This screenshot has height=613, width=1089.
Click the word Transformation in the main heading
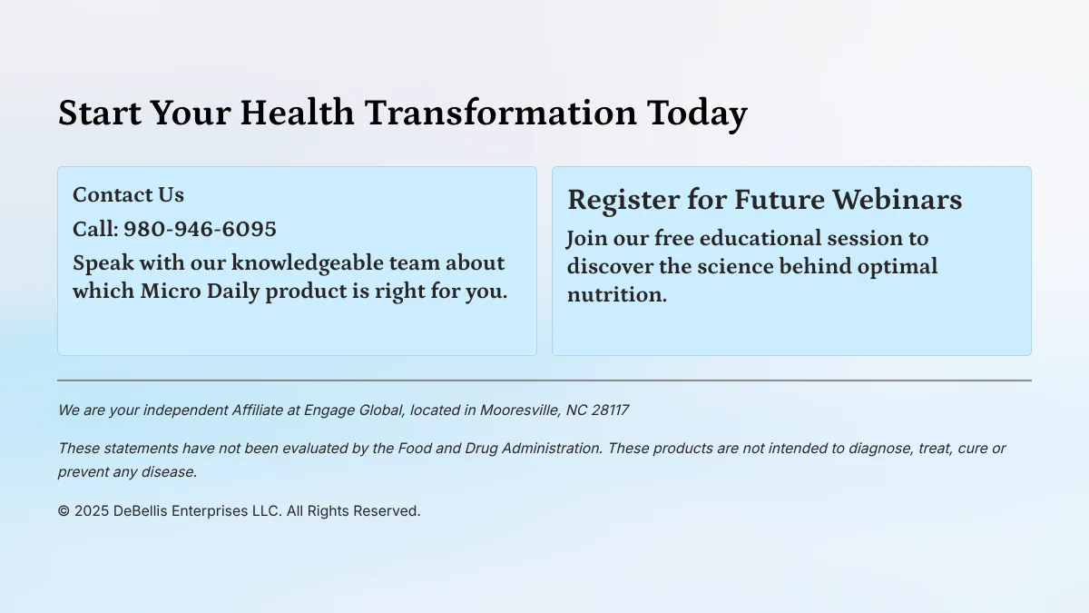[x=501, y=113]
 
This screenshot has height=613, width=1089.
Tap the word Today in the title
[x=697, y=114]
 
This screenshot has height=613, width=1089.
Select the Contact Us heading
[x=128, y=194]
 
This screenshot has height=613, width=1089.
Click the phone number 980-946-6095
[x=200, y=229]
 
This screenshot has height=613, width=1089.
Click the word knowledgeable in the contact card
[x=308, y=263]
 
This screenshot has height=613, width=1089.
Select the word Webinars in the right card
[x=897, y=199]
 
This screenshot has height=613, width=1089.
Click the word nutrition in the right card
[x=617, y=295]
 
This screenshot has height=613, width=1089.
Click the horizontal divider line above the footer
[x=544, y=381]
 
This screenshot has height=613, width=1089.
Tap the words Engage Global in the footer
[x=353, y=410]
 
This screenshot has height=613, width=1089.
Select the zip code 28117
[x=610, y=410]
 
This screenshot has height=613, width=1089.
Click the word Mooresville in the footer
[x=520, y=410]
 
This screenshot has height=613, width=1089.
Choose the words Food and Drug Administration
[x=500, y=448]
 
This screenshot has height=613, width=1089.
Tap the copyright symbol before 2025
[x=64, y=510]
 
